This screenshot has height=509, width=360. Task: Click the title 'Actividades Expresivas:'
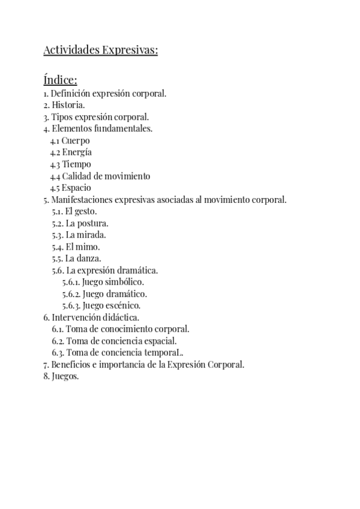(100, 50)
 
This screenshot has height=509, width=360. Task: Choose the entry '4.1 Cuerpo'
(70, 140)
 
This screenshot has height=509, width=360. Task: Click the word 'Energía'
(77, 152)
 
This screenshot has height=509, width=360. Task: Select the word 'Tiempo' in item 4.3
(76, 164)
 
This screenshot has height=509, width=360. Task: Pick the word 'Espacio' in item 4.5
(76, 188)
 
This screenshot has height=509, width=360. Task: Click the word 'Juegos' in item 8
(65, 376)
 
